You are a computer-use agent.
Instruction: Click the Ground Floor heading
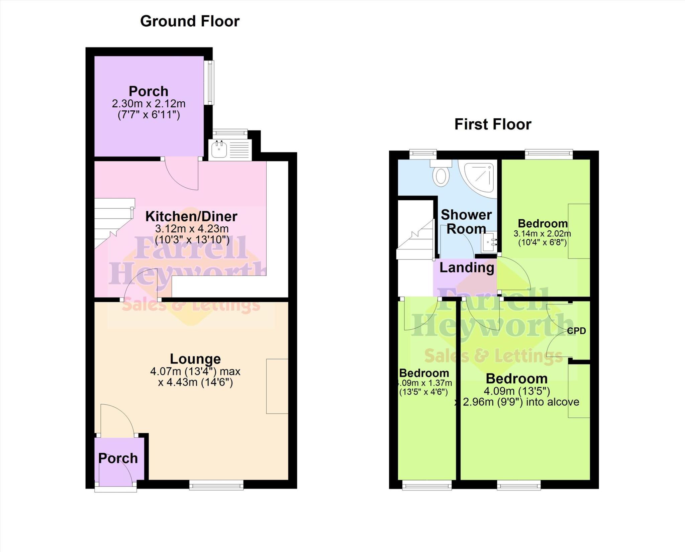click(x=190, y=21)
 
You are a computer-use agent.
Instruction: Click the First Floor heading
click(x=493, y=124)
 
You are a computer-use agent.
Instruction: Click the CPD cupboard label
click(x=577, y=331)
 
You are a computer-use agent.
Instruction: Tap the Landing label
click(x=467, y=267)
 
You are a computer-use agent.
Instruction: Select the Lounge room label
click(x=195, y=359)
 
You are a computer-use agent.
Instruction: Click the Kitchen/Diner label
click(x=191, y=216)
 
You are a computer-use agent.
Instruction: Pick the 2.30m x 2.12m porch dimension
click(x=149, y=104)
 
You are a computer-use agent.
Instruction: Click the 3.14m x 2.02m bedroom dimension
click(x=542, y=234)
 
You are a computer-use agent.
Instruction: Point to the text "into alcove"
click(x=553, y=402)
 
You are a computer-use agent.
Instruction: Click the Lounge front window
click(x=216, y=485)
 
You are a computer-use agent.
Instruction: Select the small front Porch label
click(x=118, y=458)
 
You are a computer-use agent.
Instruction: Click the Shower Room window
click(x=423, y=154)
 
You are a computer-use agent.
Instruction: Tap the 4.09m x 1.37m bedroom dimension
click(x=424, y=383)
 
